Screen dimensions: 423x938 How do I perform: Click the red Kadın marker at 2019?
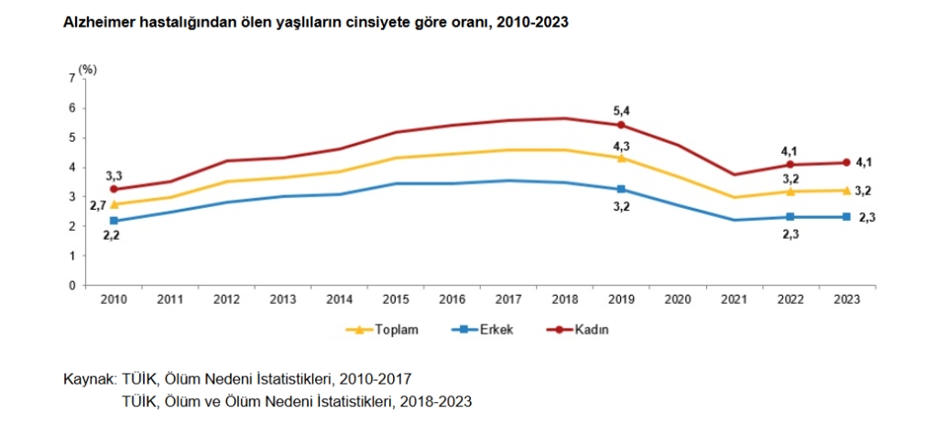point(621,125)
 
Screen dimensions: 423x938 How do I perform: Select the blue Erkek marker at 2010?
point(114,221)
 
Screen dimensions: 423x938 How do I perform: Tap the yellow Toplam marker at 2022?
point(791,191)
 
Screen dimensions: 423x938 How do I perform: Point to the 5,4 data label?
point(621,111)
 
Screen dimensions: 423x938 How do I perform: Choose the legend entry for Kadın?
point(592,330)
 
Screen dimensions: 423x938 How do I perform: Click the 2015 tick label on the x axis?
point(395,299)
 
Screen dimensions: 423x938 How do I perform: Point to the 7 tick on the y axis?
point(72,79)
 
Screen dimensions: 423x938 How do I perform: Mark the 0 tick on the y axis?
point(72,285)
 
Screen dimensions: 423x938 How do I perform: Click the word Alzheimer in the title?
point(93,22)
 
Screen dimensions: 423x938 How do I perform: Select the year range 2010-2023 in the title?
point(529,22)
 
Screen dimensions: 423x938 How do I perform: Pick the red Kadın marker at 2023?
point(846,163)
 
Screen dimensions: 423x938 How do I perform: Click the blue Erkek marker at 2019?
point(621,189)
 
